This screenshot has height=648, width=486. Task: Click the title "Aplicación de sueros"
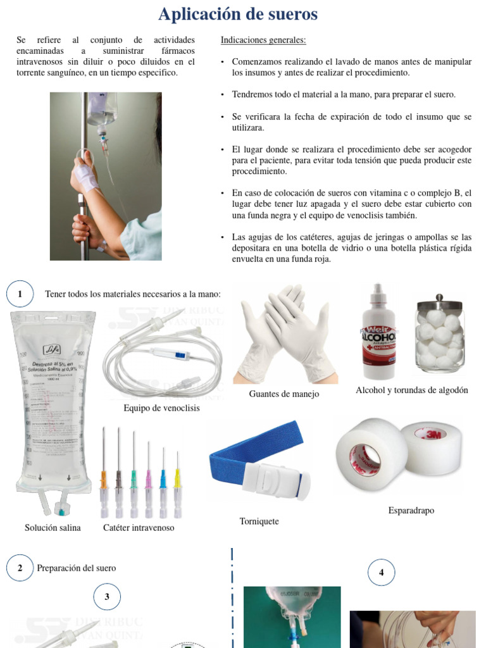click(x=238, y=14)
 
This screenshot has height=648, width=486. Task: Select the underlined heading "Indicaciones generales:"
click(x=263, y=40)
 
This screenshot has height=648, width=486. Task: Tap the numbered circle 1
click(x=20, y=294)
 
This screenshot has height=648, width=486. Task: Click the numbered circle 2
click(x=20, y=568)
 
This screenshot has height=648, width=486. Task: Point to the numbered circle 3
click(x=107, y=596)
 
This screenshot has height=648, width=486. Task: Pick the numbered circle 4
click(x=381, y=573)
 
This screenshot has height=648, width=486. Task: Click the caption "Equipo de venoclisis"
click(x=161, y=408)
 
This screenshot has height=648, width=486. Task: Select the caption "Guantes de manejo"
click(x=284, y=394)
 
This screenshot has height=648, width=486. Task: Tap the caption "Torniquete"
click(x=259, y=521)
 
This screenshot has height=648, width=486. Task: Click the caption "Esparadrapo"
click(x=411, y=511)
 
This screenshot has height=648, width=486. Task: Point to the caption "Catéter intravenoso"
click(x=139, y=528)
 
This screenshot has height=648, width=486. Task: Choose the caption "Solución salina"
click(x=53, y=528)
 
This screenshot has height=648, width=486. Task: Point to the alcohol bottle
click(x=378, y=335)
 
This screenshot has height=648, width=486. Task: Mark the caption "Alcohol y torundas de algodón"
click(x=412, y=390)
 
